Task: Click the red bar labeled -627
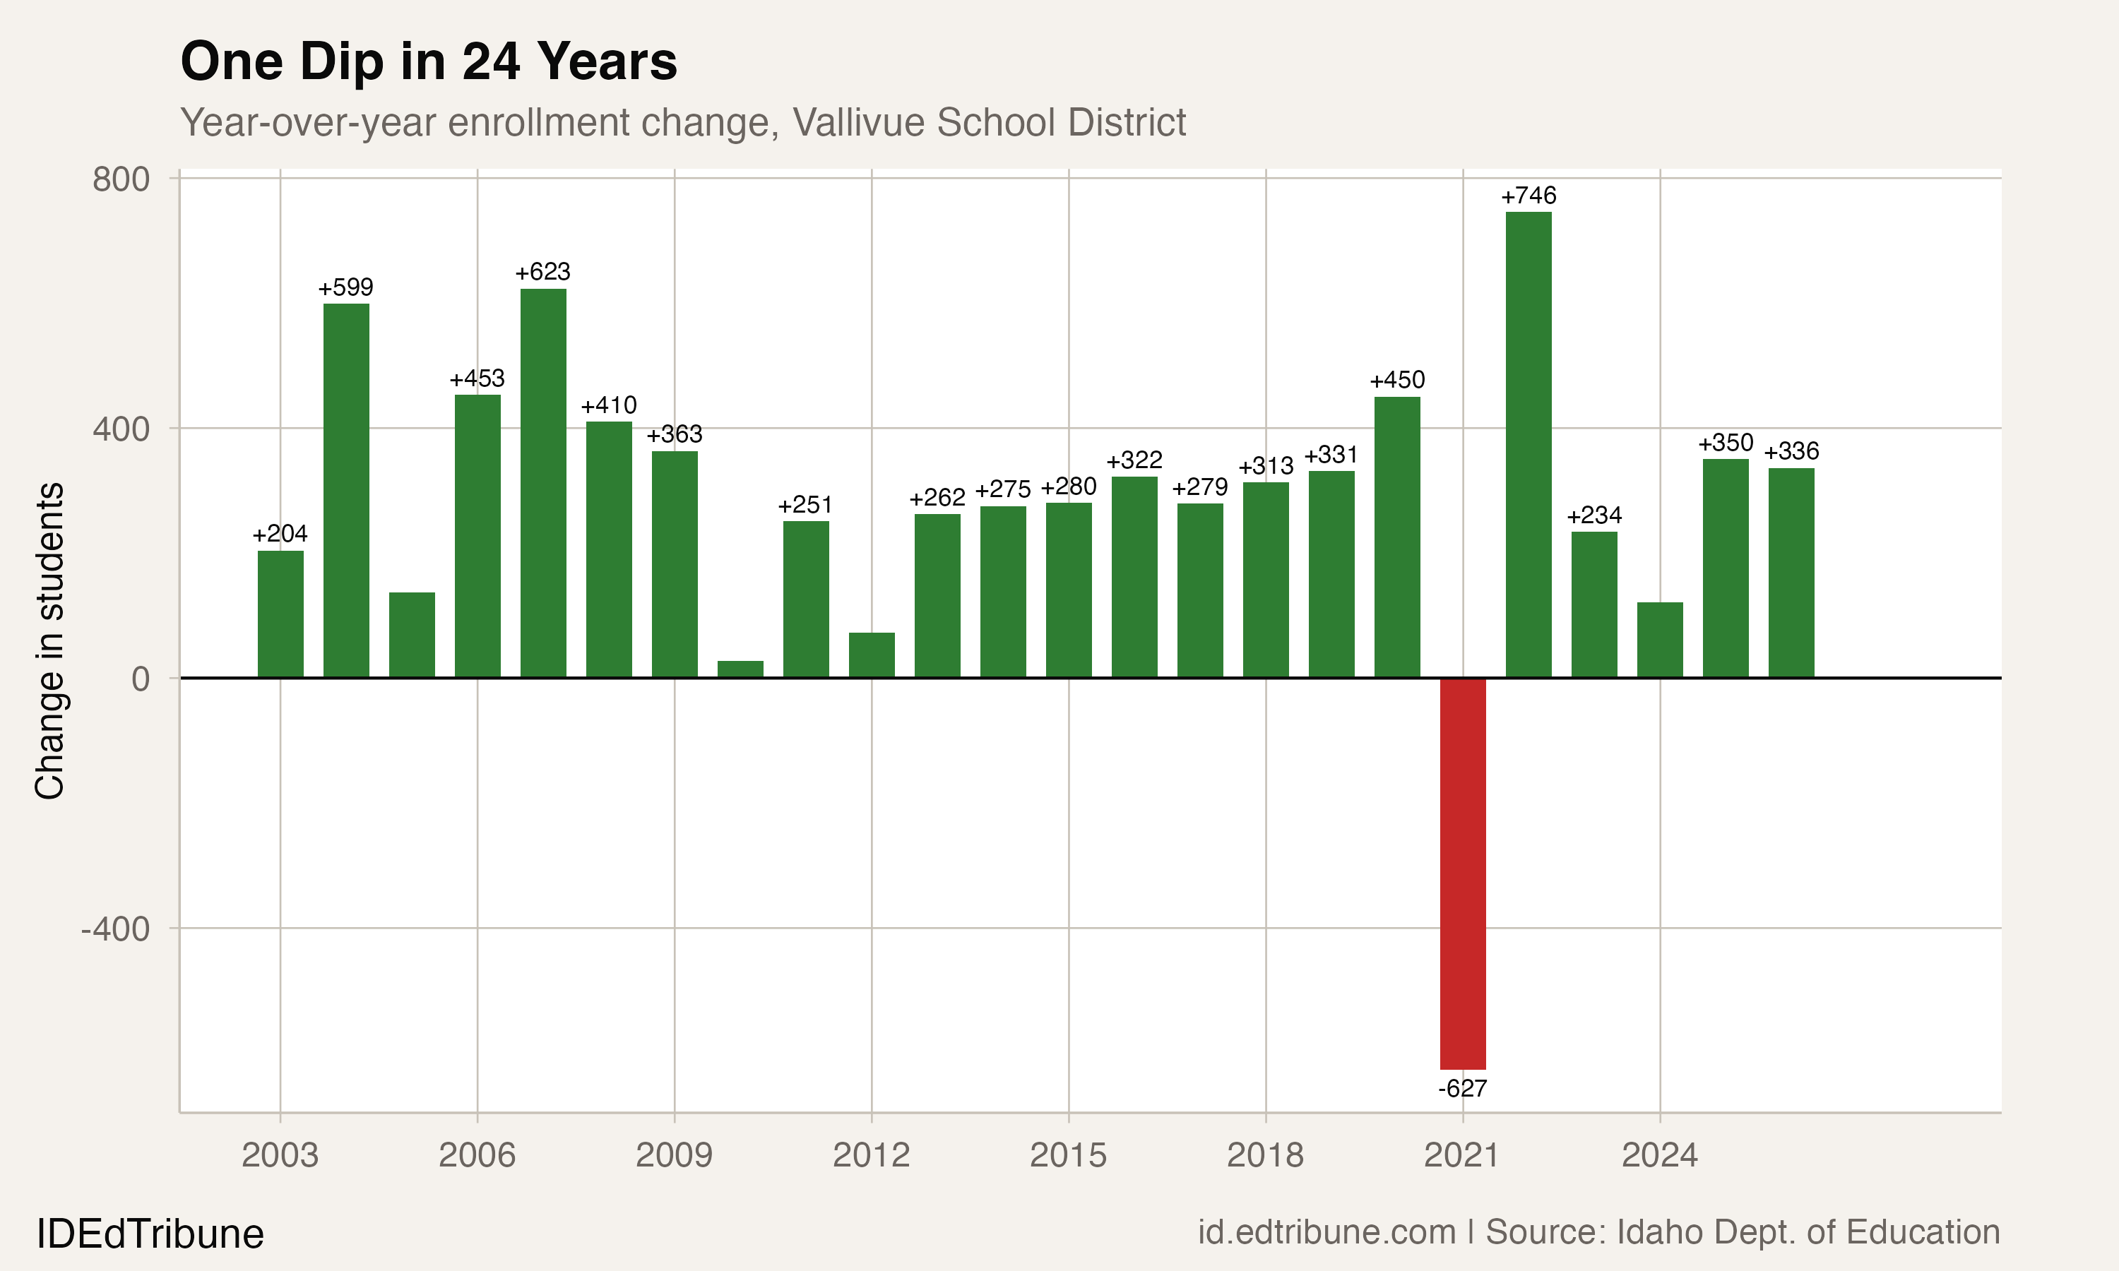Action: pyautogui.click(x=1463, y=873)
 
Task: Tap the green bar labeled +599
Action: pyautogui.click(x=346, y=490)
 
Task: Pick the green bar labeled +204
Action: pyautogui.click(x=280, y=614)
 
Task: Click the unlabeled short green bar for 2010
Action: pyautogui.click(x=740, y=669)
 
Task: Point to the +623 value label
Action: pyautogui.click(x=542, y=273)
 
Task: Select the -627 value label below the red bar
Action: pyautogui.click(x=1463, y=1089)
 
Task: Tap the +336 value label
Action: pyautogui.click(x=1791, y=451)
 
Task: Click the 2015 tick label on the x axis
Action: pyautogui.click(x=1068, y=1155)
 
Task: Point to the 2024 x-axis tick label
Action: pyautogui.click(x=1659, y=1155)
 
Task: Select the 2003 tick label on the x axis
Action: pyautogui.click(x=280, y=1155)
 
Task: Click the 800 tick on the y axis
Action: pyautogui.click(x=121, y=180)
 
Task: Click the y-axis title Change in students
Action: pyautogui.click(x=49, y=640)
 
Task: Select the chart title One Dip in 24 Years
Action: pyautogui.click(x=428, y=61)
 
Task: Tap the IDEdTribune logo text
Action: pyautogui.click(x=150, y=1234)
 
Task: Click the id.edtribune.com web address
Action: pyautogui.click(x=1326, y=1232)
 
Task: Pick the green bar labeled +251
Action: pyautogui.click(x=806, y=599)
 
